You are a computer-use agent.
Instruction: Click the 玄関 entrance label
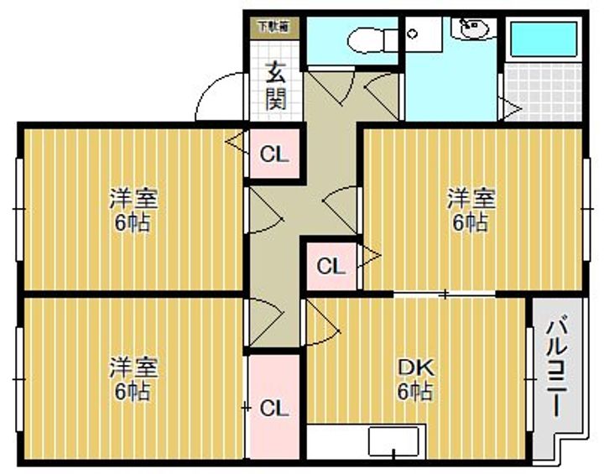click(276, 86)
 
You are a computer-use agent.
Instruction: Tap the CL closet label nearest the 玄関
click(273, 154)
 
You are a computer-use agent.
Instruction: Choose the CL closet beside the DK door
click(331, 267)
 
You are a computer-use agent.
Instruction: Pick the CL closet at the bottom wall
click(273, 409)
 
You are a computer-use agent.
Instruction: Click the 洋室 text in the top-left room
click(134, 200)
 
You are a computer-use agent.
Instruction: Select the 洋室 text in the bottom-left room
click(134, 367)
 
